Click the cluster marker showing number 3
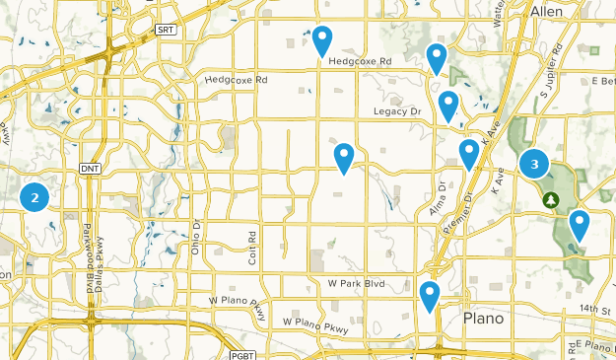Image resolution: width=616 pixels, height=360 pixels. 534,165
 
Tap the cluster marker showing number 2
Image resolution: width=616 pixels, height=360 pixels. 35,197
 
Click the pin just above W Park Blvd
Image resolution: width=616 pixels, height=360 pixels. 344,157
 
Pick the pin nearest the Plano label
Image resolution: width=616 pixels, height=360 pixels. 429,296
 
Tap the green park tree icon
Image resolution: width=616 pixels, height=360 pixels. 551,200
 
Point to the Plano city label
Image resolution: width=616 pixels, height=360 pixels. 483,319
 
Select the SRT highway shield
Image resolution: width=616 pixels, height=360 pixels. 165,31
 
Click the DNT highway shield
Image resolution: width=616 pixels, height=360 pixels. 90,170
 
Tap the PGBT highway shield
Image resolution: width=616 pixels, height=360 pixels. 241,354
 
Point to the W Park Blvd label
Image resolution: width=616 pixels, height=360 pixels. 355,283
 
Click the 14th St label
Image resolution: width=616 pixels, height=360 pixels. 595,310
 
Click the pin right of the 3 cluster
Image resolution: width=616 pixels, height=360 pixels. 579,226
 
